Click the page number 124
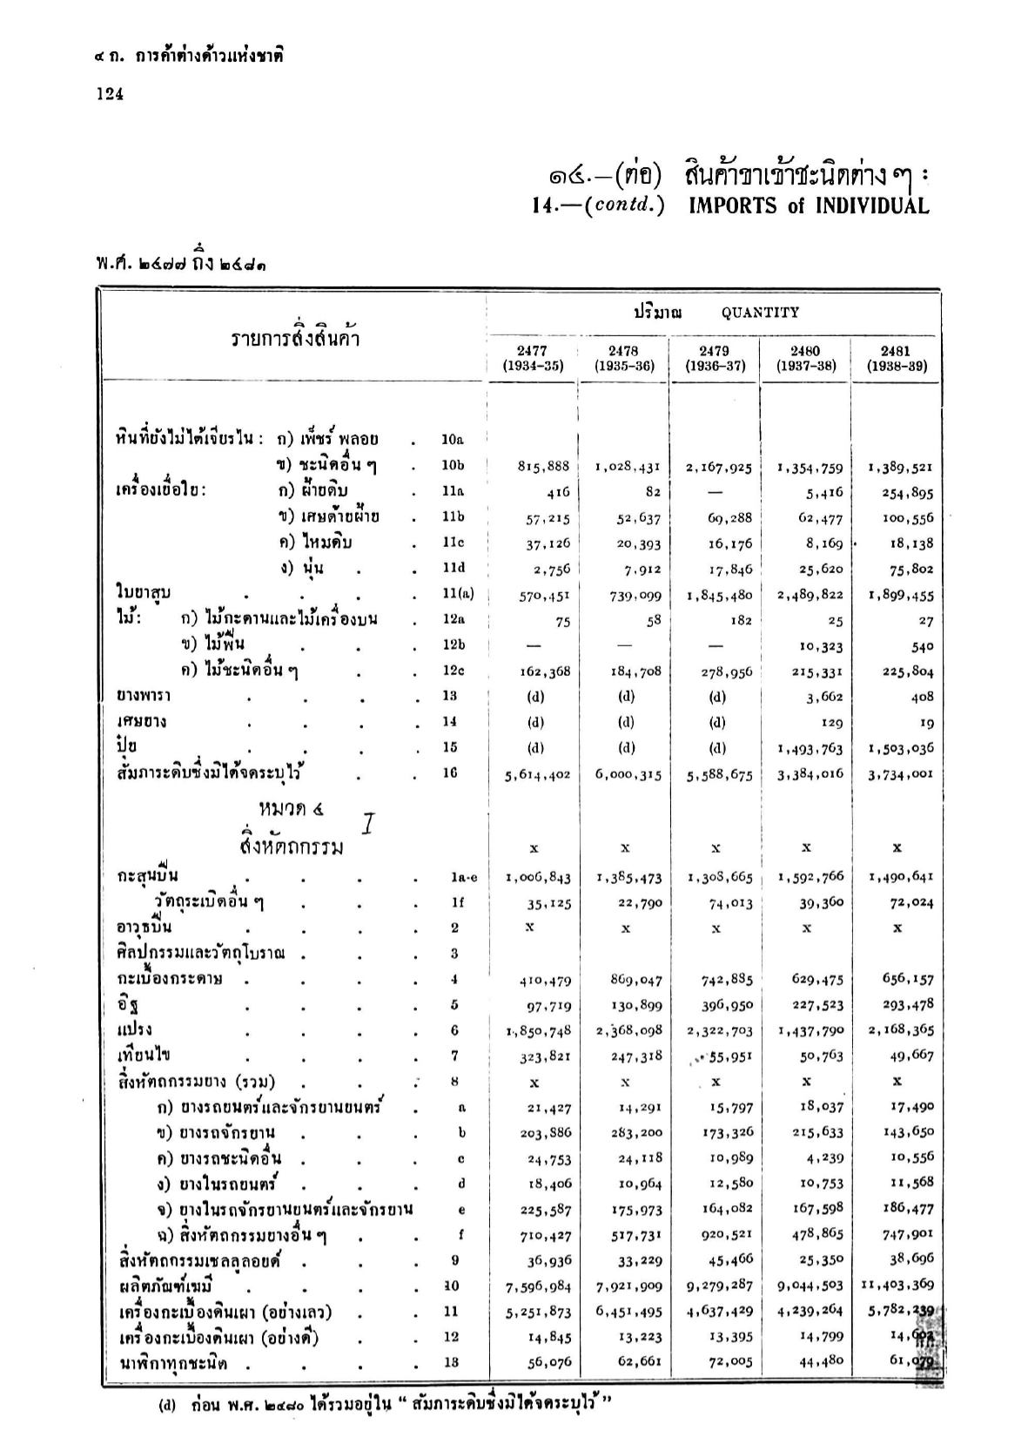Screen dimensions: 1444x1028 pos(110,94)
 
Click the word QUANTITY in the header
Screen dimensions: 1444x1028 pos(760,312)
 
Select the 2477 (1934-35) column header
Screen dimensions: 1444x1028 pos(533,358)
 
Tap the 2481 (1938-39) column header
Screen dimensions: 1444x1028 pos(897,358)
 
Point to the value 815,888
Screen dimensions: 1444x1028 pos(544,467)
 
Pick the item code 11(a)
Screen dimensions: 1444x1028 pos(458,594)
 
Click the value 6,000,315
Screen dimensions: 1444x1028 pos(629,774)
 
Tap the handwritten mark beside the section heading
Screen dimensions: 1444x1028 pos(368,822)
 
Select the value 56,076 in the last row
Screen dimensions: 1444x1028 pos(546,1363)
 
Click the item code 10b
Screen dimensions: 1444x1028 pos(454,466)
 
